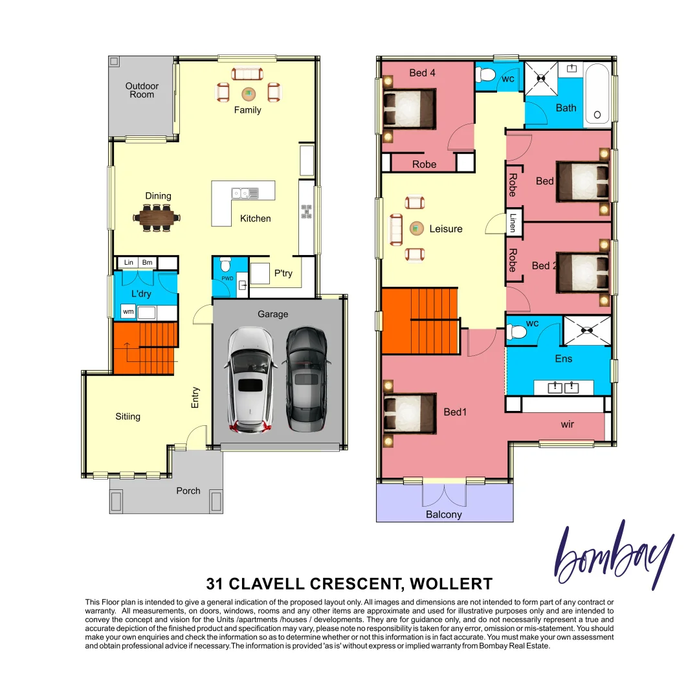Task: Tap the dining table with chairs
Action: coord(156,217)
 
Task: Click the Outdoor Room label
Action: coord(142,90)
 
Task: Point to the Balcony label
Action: coord(444,515)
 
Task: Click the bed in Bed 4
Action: coord(409,109)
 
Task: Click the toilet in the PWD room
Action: coord(225,266)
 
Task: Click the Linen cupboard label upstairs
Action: coord(513,223)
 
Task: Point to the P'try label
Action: coord(283,273)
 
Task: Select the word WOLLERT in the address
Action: coord(451,584)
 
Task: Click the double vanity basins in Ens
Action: coord(563,388)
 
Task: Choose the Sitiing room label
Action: coord(128,416)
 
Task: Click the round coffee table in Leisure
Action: coord(414,228)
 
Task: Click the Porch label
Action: coord(188,491)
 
